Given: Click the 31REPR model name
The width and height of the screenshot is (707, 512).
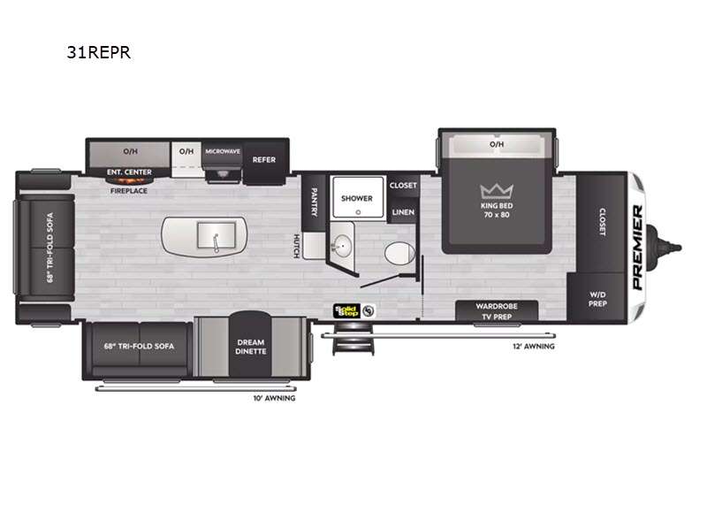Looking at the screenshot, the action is (99, 52).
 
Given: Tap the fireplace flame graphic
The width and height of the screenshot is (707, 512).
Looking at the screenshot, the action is (129, 181).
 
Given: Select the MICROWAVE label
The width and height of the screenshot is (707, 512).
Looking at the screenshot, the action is (223, 151).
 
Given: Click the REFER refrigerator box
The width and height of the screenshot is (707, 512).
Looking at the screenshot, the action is (264, 160).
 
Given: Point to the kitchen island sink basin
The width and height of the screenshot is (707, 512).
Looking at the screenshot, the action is (217, 235).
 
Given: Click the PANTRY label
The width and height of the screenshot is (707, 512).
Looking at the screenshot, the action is (315, 203).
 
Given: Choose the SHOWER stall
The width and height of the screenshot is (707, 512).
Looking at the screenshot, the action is (357, 197).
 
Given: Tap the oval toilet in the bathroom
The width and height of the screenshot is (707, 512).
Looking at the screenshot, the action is (399, 253).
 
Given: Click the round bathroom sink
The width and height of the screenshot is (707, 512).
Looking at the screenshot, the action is (342, 246).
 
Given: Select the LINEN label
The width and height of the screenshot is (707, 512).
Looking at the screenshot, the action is (403, 212).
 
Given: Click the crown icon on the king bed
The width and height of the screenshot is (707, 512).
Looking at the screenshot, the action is (497, 191).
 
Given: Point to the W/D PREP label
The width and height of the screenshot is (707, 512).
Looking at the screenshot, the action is (597, 299).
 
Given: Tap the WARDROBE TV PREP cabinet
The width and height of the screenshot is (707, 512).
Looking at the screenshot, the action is (497, 311).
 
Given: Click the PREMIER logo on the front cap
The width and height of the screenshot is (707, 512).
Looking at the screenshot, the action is (637, 248).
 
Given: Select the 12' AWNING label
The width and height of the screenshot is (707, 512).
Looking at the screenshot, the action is (534, 347).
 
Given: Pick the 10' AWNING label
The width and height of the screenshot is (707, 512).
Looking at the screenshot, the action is (274, 398).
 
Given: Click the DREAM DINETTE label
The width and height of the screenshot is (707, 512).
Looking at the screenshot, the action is (251, 347).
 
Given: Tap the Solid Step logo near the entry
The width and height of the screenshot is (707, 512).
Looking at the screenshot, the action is (346, 311).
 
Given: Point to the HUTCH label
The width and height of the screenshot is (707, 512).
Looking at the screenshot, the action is (297, 246).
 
